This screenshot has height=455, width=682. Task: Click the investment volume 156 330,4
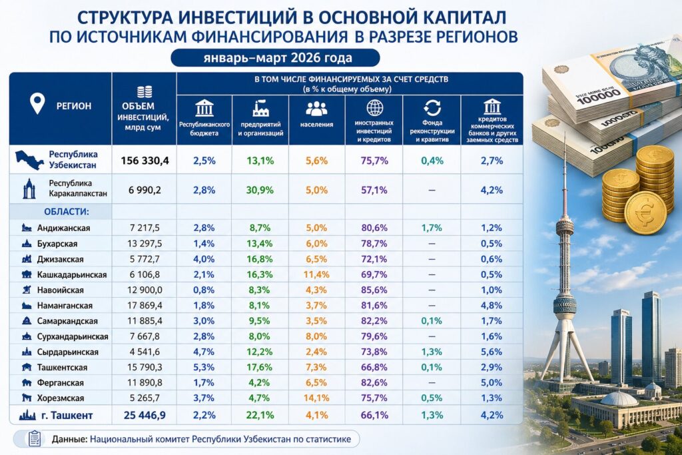coord(144,161)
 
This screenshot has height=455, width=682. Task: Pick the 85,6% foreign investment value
coord(374,290)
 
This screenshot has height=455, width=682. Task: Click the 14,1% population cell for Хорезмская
coord(317,398)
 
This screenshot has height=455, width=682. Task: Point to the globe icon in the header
coord(374,108)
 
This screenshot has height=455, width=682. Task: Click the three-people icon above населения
coord(317,109)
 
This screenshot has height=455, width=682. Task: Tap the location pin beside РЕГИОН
coord(37,104)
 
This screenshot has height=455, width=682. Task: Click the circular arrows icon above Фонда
coord(432,108)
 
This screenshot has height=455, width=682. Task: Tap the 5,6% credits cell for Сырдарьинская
coord(491,352)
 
